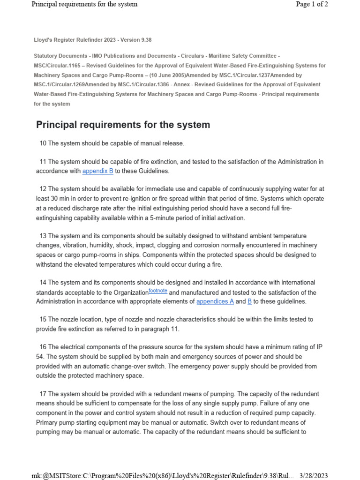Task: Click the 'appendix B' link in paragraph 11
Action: tap(97, 171)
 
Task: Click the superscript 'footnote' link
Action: tap(158, 291)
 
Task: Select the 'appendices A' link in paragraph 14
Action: tap(215, 301)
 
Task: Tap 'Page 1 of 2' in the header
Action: tap(312, 4)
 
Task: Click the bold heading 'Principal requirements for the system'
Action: tap(123, 125)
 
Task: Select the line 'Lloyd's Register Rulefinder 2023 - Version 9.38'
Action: tap(92, 40)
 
